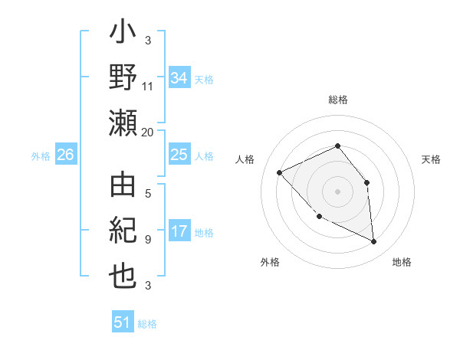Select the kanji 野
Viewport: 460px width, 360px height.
coord(123,79)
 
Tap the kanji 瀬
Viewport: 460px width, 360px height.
coord(123,123)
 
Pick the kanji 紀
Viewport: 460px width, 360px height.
coord(123,233)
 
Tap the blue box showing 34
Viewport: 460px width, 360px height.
coord(179,77)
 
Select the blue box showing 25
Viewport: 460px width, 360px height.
coord(179,155)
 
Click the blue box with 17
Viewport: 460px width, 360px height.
coord(179,231)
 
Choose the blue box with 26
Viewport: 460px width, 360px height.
coord(65,155)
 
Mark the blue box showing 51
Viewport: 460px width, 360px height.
coord(123,322)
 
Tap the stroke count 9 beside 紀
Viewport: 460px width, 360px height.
coord(147,240)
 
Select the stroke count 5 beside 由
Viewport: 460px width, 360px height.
coord(147,194)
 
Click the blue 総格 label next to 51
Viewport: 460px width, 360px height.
coord(147,324)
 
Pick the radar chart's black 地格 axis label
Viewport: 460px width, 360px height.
coord(402,262)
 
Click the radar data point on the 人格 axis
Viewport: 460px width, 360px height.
coord(280,172)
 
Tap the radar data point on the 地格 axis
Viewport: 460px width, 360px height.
coord(373,241)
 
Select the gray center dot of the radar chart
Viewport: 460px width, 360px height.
coord(337,191)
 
